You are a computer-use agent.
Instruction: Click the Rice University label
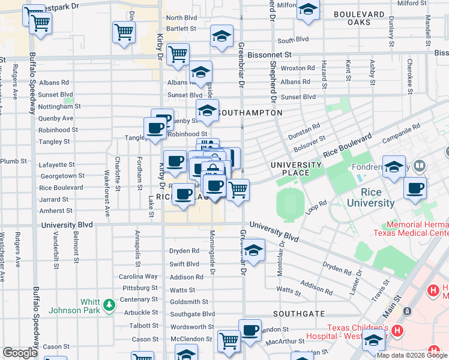point(370,197)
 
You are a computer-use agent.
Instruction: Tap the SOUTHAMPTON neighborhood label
point(250,113)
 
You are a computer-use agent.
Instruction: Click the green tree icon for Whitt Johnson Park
point(109,305)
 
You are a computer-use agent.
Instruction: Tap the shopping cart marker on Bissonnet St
point(178,55)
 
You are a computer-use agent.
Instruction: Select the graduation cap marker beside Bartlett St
point(221,37)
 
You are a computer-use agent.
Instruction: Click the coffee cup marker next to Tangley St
point(155,128)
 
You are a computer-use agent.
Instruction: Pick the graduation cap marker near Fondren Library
point(394,167)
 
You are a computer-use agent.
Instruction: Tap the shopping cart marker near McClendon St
point(229,341)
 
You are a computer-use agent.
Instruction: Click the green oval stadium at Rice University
point(292,205)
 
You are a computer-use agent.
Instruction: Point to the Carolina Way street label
point(138,277)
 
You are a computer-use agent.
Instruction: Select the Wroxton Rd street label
point(298,69)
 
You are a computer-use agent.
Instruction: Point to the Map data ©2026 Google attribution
point(412,355)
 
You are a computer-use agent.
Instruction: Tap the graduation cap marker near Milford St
point(308,11)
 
